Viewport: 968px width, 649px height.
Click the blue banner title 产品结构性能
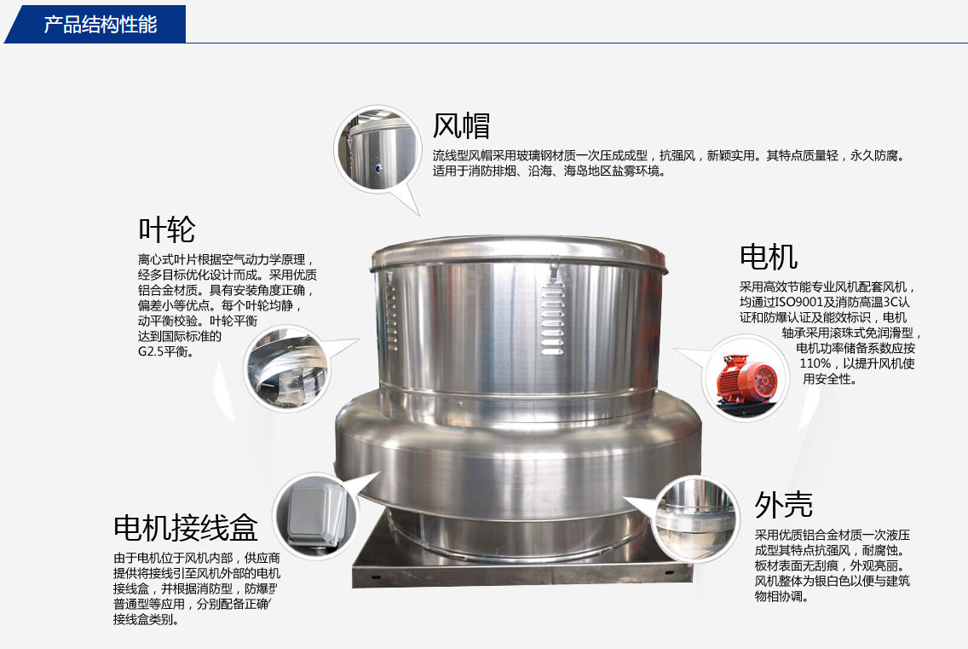tap(100, 24)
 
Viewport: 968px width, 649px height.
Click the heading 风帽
tap(461, 126)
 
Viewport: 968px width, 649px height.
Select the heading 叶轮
tap(167, 230)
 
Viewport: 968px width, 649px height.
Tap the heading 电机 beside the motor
tap(769, 257)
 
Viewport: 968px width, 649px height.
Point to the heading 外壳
tap(783, 505)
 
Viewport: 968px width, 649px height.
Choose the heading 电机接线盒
tap(185, 527)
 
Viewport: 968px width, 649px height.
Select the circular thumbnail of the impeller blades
tap(287, 369)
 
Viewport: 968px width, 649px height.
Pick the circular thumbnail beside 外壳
tap(695, 518)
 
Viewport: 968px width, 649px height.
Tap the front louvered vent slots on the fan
tap(552, 320)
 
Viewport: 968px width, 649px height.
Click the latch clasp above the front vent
tap(555, 269)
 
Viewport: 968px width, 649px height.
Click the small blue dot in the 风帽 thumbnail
tap(377, 167)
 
